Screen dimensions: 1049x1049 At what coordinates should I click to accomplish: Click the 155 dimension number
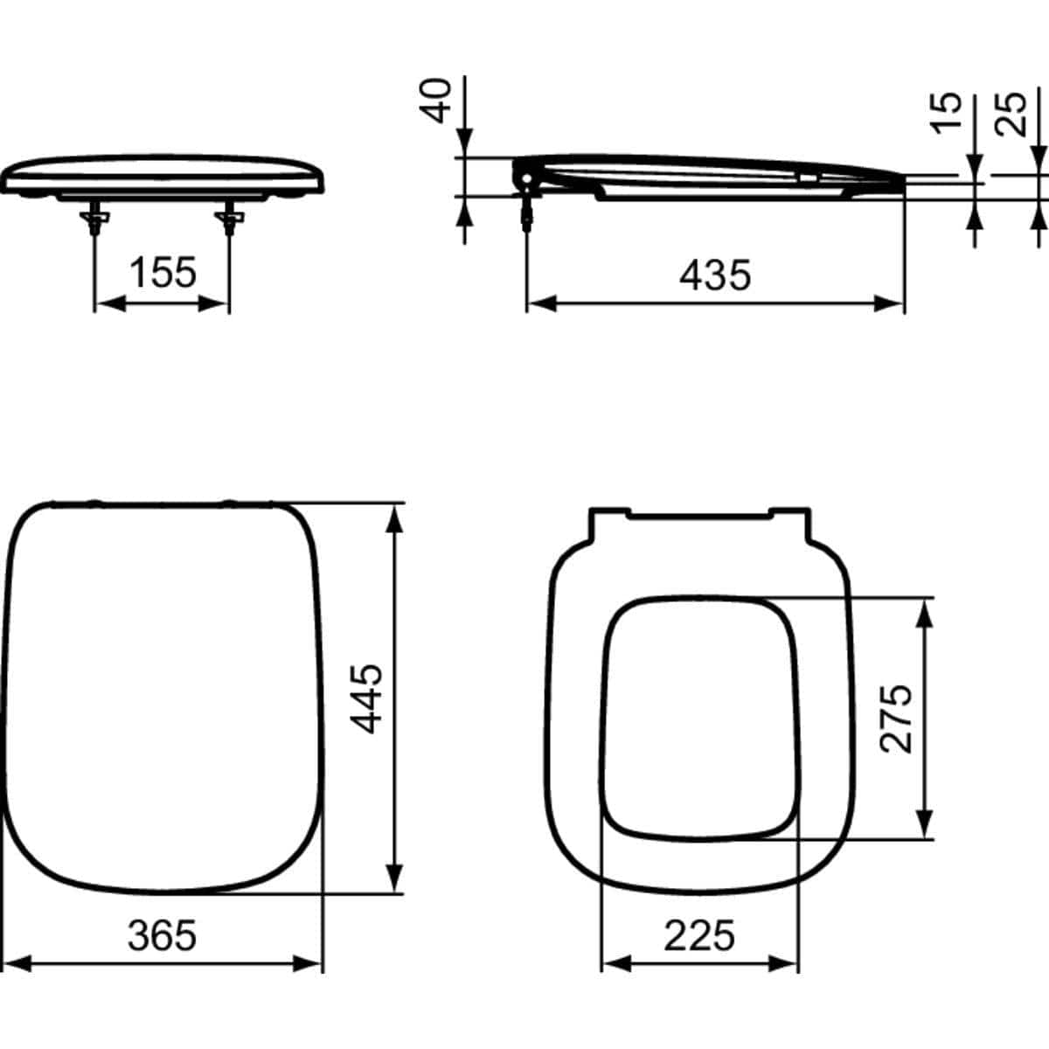tap(163, 273)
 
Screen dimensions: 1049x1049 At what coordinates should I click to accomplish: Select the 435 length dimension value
tap(714, 276)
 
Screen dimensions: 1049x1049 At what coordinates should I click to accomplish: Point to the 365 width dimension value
tap(163, 936)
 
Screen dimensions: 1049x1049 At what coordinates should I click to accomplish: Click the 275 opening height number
tap(896, 718)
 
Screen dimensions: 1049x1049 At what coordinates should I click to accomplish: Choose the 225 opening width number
tap(699, 936)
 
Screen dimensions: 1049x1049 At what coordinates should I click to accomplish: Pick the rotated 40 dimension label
tap(439, 100)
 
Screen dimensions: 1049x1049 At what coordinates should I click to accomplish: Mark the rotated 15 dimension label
tap(946, 112)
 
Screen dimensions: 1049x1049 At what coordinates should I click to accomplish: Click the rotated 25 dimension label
tap(1012, 112)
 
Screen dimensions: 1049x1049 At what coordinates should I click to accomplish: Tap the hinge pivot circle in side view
tap(526, 180)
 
